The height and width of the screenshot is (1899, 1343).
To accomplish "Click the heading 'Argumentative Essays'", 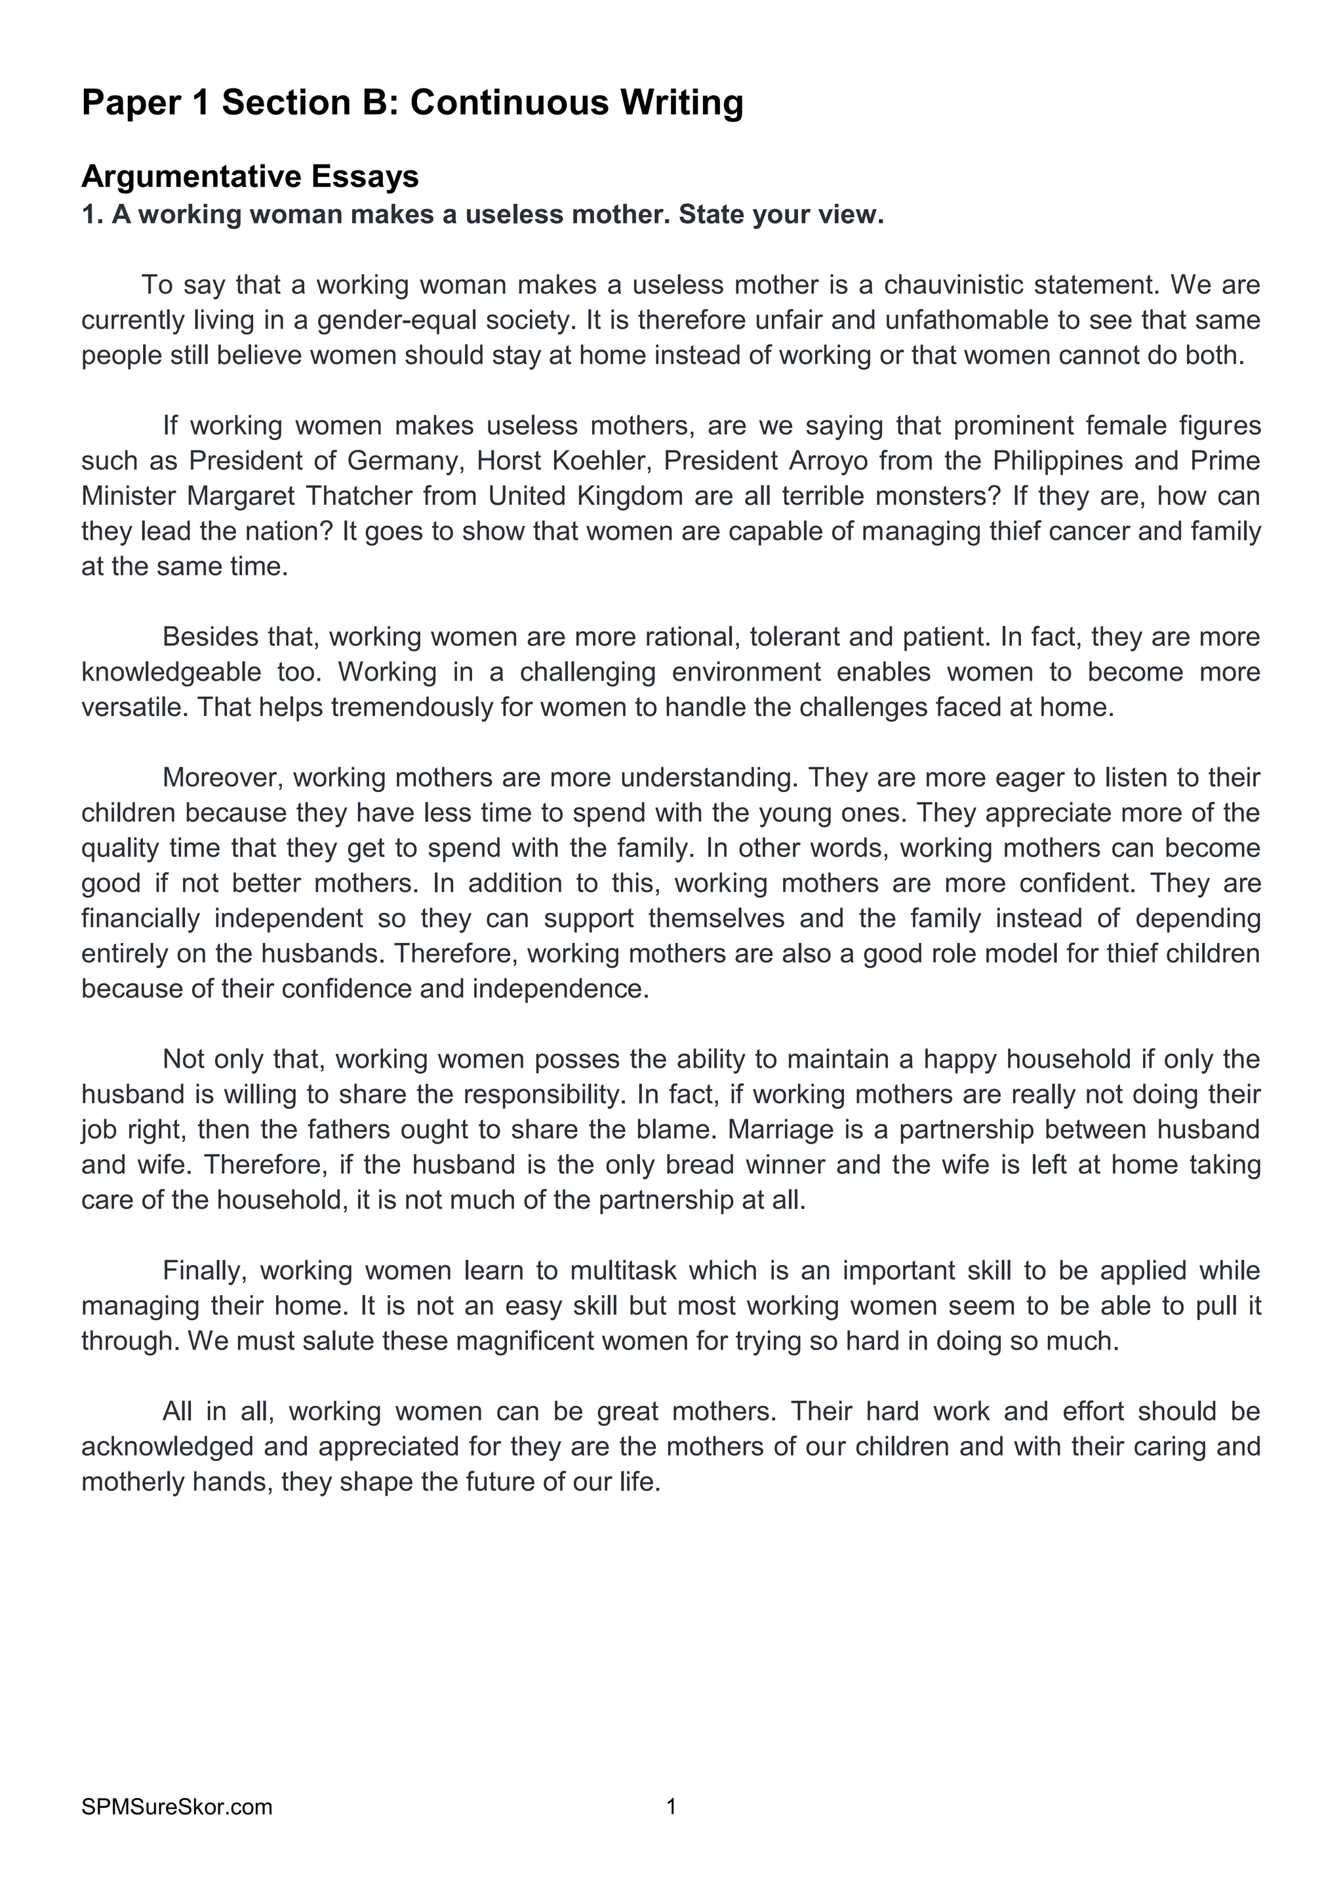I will (x=250, y=176).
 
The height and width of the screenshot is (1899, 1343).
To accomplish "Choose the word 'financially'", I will (x=140, y=918).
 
